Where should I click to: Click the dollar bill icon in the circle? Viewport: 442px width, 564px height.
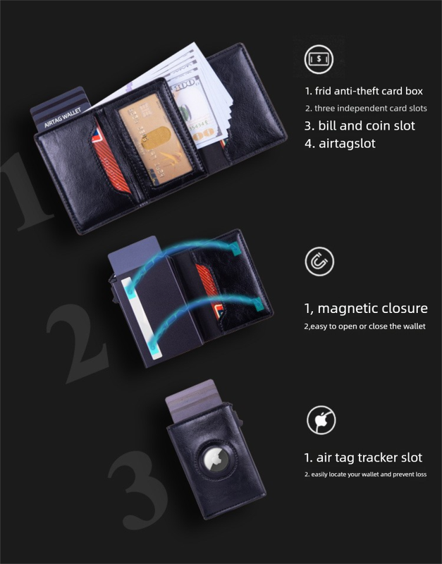319,59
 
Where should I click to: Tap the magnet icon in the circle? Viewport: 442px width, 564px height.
319,262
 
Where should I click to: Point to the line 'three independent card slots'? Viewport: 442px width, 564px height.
366,109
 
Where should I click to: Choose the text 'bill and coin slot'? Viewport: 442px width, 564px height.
360,125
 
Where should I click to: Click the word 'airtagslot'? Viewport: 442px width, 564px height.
340,143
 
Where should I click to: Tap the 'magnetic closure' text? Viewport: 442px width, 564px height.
365,308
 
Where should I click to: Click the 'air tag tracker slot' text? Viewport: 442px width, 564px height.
363,458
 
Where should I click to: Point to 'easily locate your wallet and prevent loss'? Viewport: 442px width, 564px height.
365,474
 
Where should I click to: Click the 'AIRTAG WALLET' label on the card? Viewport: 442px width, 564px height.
63,117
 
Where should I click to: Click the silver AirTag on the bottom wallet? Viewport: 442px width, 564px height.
214,462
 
